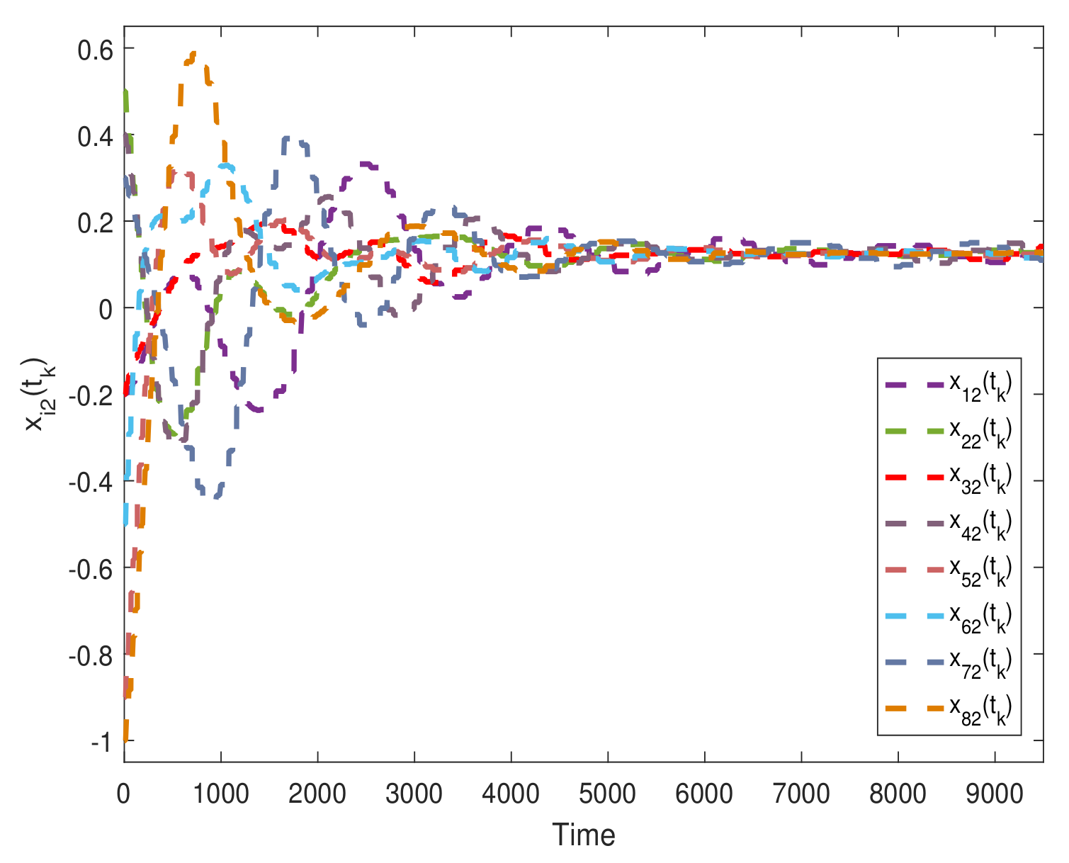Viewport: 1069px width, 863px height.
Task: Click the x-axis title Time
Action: click(584, 835)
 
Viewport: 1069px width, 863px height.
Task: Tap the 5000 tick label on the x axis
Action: click(608, 794)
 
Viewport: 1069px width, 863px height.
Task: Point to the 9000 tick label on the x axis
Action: click(995, 794)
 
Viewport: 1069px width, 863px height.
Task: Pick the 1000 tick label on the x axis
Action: click(221, 794)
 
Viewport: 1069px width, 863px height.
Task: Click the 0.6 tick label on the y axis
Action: click(96, 48)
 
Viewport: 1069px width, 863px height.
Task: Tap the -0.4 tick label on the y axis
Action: click(92, 481)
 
